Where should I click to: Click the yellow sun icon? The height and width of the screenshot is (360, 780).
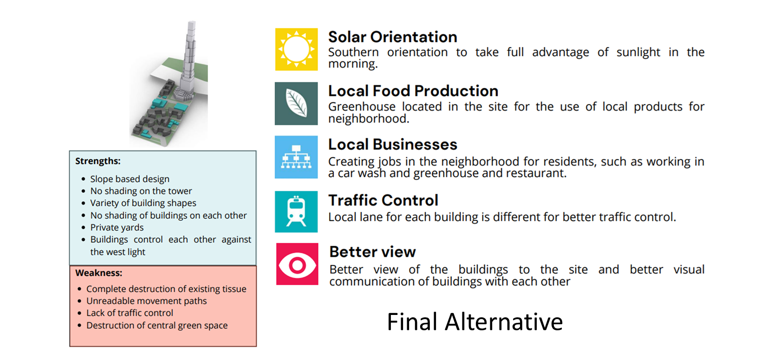tap(296, 49)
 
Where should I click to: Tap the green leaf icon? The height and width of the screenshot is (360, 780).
tap(296, 104)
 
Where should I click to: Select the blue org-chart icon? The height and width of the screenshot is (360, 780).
tap(296, 157)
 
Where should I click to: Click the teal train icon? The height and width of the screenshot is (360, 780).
tap(296, 211)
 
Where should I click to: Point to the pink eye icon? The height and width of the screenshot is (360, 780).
tap(297, 264)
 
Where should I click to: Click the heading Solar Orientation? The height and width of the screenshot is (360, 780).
tap(392, 37)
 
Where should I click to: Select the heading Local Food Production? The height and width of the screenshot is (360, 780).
tap(413, 91)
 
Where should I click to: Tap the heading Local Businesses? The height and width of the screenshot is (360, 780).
tap(392, 144)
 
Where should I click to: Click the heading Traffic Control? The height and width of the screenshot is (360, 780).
tap(383, 200)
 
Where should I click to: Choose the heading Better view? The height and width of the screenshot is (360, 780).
tap(372, 252)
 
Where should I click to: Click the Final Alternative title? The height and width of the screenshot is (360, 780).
tap(474, 321)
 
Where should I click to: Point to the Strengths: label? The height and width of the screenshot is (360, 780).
tap(98, 161)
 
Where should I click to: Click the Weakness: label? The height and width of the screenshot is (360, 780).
tap(99, 273)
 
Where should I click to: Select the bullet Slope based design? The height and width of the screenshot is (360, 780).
tap(130, 179)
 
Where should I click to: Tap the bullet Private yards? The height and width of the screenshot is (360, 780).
tap(117, 228)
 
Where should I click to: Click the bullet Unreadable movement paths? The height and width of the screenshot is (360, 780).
tap(147, 301)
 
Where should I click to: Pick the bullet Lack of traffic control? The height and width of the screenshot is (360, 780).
tap(130, 313)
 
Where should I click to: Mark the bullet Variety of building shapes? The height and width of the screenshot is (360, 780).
tap(143, 203)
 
